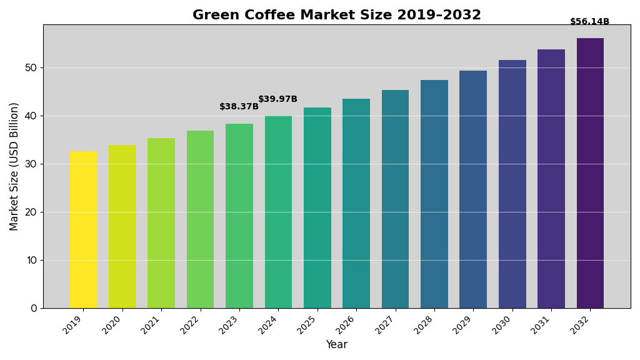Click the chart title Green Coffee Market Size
(x=336, y=15)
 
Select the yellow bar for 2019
(x=83, y=229)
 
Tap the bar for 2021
(x=161, y=223)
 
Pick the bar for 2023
(x=239, y=216)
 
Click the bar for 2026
(x=356, y=203)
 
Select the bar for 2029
(x=473, y=189)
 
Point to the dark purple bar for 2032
(x=590, y=173)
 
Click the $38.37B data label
(x=239, y=107)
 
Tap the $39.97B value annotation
(x=277, y=99)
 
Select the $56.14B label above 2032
(x=589, y=22)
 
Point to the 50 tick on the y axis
(x=31, y=67)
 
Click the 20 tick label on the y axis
(x=31, y=212)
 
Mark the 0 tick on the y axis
(x=34, y=308)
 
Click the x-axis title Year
(x=336, y=345)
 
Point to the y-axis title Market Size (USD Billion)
(x=14, y=166)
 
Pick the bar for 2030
(x=512, y=184)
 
